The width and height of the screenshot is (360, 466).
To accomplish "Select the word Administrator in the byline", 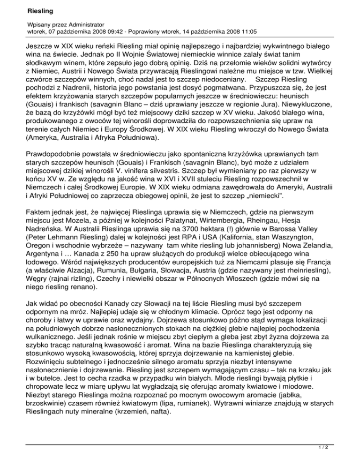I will pos(83,23).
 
